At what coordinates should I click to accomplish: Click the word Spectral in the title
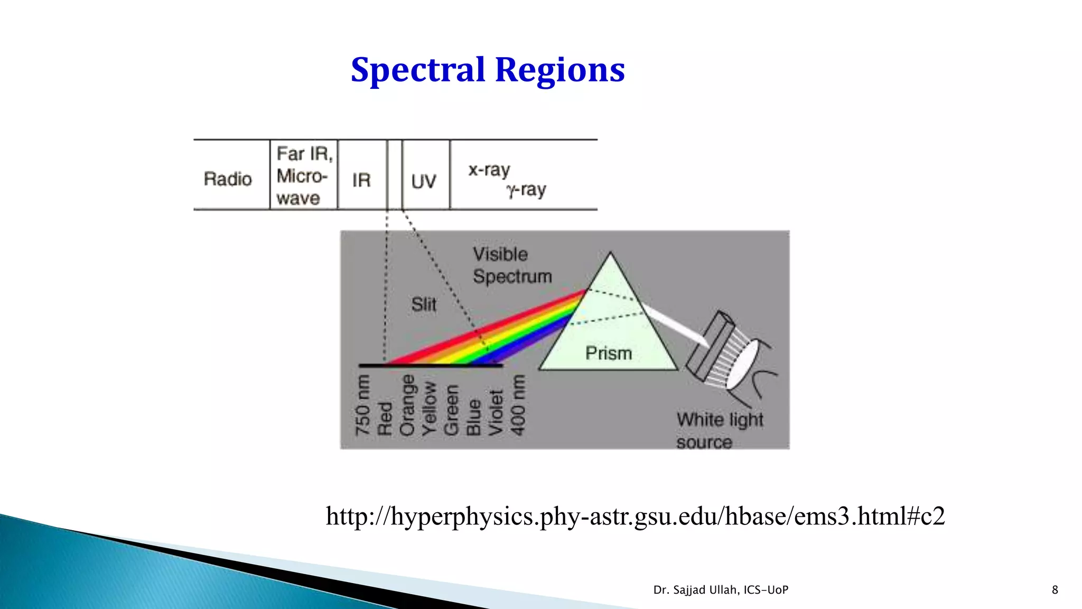tap(417, 70)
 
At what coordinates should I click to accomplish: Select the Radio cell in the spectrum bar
tap(228, 179)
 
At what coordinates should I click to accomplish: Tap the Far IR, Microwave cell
tap(303, 176)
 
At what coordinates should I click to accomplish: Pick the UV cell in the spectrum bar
tap(424, 181)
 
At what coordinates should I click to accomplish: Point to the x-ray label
tap(489, 170)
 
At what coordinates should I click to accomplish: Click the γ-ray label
tap(526, 189)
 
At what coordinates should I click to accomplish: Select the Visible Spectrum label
tap(511, 265)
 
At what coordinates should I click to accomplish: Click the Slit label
tap(424, 304)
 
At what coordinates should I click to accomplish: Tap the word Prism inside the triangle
tap(609, 353)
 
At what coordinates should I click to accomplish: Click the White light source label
tap(720, 430)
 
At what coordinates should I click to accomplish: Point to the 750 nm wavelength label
tap(362, 405)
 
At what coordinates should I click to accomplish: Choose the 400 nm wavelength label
tap(518, 405)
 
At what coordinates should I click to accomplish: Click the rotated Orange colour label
tap(407, 405)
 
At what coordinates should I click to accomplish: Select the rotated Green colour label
tap(451, 410)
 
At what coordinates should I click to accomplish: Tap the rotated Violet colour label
tap(496, 412)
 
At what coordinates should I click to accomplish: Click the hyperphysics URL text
tap(635, 516)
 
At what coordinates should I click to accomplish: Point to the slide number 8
tap(1055, 590)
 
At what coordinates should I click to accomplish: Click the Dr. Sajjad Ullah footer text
tap(721, 590)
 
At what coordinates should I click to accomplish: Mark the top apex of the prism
tap(611, 253)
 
